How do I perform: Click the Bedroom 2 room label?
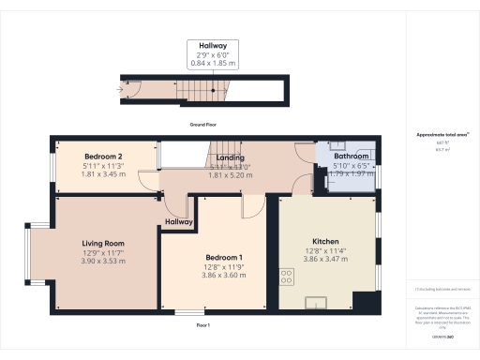(x=103, y=156)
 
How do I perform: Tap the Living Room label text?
(x=103, y=243)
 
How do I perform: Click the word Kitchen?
(x=325, y=241)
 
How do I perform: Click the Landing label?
(x=230, y=157)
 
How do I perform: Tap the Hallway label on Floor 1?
(x=179, y=222)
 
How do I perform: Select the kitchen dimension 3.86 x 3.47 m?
(x=325, y=259)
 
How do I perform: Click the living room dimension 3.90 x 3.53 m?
(x=103, y=260)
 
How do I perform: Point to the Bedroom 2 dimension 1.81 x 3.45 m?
(x=103, y=173)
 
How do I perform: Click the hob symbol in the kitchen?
(x=285, y=276)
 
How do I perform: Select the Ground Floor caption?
(x=202, y=125)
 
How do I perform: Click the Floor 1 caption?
(x=202, y=324)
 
